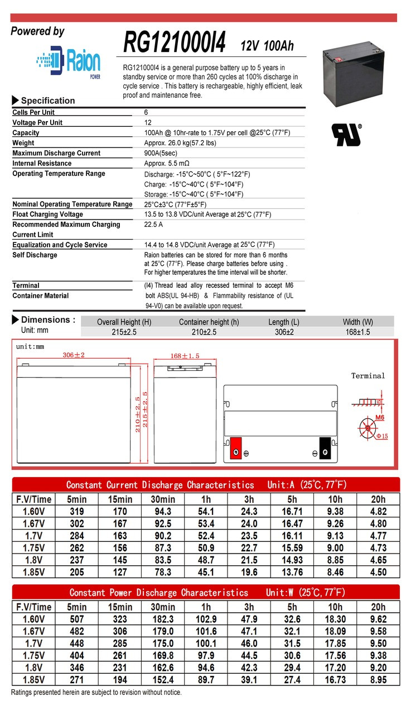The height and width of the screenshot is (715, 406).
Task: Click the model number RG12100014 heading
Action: pyautogui.click(x=174, y=42)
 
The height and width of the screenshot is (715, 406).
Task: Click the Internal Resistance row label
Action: pyautogui.click(x=42, y=163)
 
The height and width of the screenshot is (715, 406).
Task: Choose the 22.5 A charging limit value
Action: pyautogui.click(x=153, y=225)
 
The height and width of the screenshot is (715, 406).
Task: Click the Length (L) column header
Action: pyautogui.click(x=283, y=322)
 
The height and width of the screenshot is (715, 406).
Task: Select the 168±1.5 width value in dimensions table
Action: pyautogui.click(x=357, y=332)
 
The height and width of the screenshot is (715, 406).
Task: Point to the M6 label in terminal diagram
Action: pyautogui.click(x=379, y=417)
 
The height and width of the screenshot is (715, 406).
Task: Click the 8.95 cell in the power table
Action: pyautogui.click(x=378, y=679)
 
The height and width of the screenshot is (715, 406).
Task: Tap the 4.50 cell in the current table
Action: pyautogui.click(x=378, y=572)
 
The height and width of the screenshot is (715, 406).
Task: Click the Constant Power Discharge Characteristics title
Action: pyautogui.click(x=158, y=592)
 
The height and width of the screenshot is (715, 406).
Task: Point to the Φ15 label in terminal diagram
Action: pyautogui.click(x=381, y=436)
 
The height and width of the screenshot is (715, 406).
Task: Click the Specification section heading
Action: pyautogui.click(x=47, y=101)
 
